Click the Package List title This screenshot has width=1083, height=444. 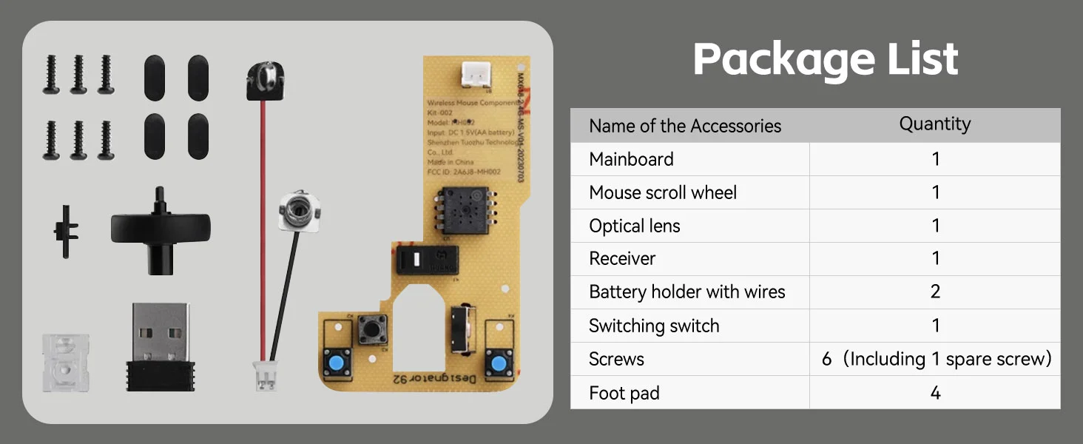click(x=825, y=59)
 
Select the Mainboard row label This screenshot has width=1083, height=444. click(x=631, y=159)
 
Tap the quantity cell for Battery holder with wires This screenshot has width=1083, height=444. click(x=935, y=292)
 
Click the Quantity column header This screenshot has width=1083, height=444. click(x=935, y=124)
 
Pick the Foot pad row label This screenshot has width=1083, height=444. click(x=624, y=393)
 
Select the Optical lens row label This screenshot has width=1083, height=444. click(x=634, y=226)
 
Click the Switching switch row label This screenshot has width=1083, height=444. click(x=654, y=326)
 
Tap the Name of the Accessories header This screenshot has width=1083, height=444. click(x=685, y=126)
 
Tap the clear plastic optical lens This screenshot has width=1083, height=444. click(x=66, y=363)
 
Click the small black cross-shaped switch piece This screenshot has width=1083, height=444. click(x=66, y=231)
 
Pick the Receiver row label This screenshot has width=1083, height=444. click(x=622, y=258)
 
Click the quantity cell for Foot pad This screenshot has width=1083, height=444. click(x=935, y=393)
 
